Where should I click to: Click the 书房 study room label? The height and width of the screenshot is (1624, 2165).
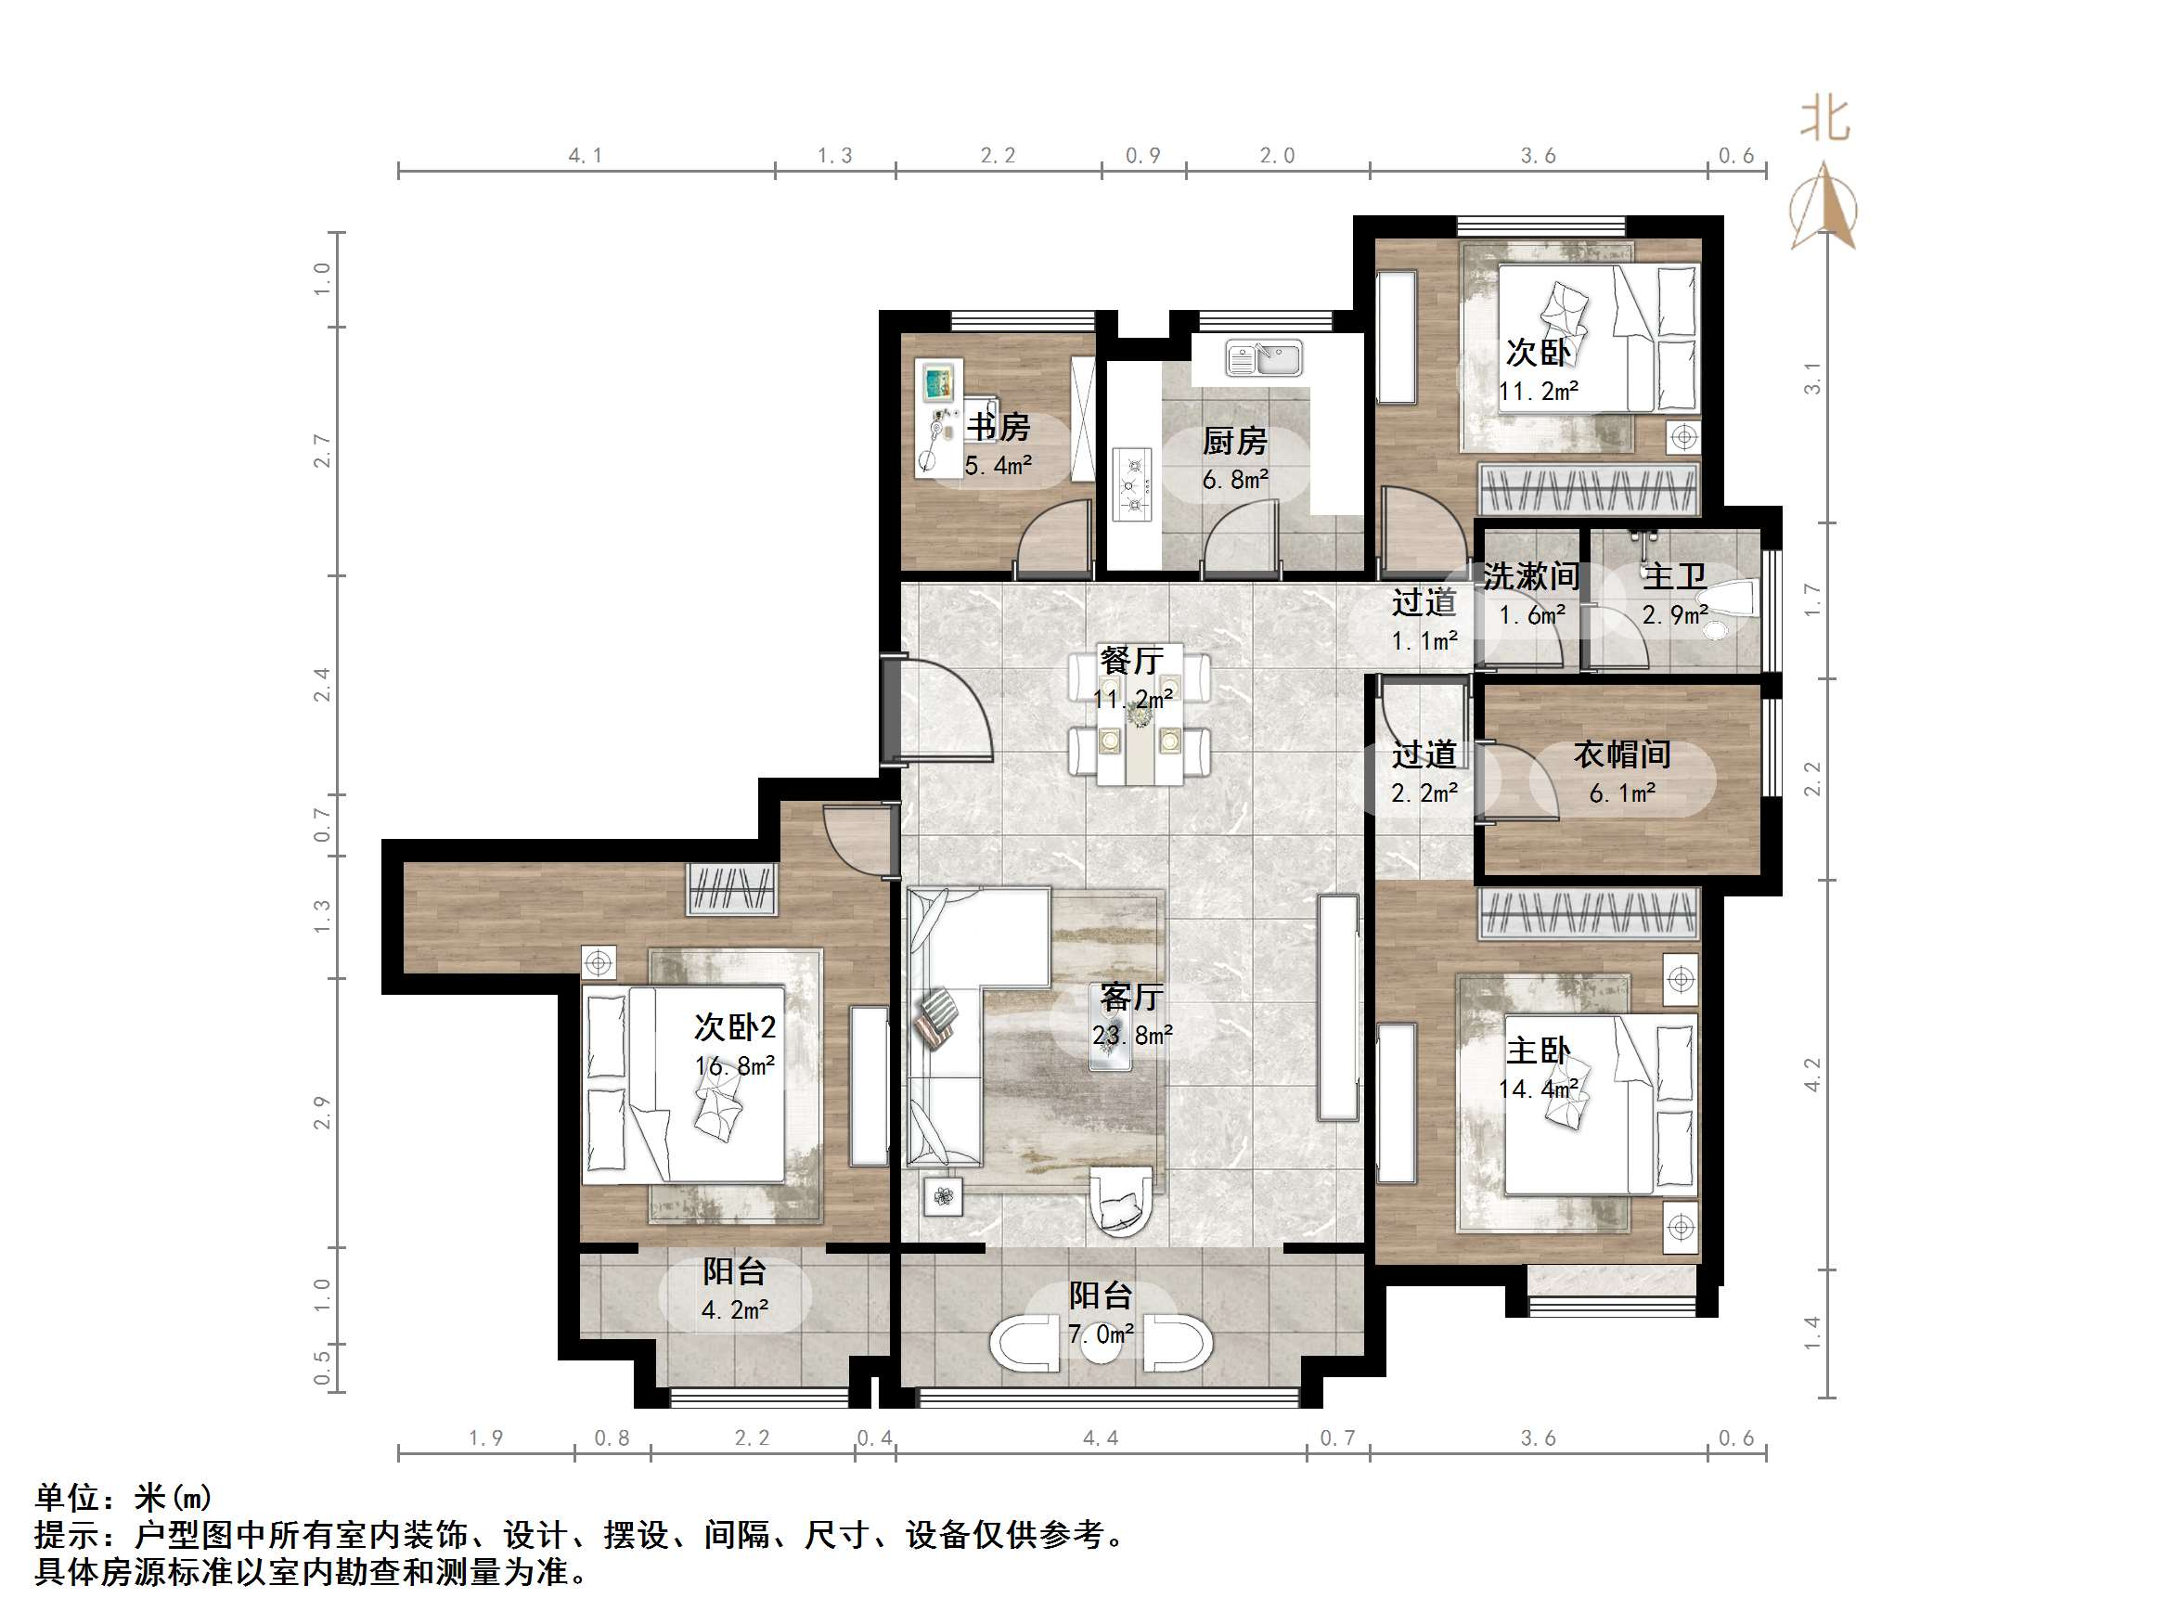click(x=998, y=427)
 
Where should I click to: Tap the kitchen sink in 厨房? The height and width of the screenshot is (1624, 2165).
click(x=1264, y=358)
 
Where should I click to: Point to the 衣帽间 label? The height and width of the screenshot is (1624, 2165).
click(x=1622, y=754)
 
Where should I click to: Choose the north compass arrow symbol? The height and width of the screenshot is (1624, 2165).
click(x=1823, y=207)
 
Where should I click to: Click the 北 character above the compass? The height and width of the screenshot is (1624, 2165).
click(x=1825, y=121)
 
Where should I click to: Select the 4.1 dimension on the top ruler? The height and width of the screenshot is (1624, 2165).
click(x=586, y=156)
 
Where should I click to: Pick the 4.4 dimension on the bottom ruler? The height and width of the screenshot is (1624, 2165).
click(x=1100, y=1438)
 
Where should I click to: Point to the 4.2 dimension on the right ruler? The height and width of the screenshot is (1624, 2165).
click(x=1812, y=1074)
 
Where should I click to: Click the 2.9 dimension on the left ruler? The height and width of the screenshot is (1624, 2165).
click(x=322, y=1113)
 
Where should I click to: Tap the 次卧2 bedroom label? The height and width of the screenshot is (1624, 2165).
click(x=735, y=1027)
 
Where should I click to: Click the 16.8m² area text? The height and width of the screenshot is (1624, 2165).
click(x=735, y=1065)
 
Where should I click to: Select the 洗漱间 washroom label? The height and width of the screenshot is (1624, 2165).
click(x=1531, y=575)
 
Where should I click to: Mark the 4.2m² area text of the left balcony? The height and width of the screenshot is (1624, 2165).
click(x=734, y=1309)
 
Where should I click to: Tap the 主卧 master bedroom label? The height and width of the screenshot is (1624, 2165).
click(x=1538, y=1050)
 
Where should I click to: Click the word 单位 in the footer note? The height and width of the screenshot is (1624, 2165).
click(x=68, y=1498)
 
